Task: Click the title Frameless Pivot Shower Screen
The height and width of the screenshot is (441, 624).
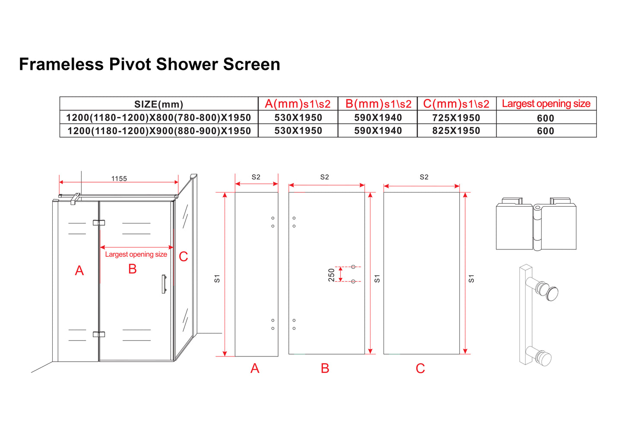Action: (x=149, y=64)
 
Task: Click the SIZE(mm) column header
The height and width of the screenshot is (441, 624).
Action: (x=158, y=104)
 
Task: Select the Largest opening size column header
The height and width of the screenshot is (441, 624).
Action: (x=546, y=104)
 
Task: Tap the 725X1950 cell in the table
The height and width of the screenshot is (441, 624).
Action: (x=456, y=118)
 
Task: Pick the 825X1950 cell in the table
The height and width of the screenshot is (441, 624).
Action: (x=456, y=131)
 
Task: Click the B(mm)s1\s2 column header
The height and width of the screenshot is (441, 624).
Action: (x=378, y=104)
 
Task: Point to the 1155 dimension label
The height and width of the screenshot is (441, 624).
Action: (x=119, y=179)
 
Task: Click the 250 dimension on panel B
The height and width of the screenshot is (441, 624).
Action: (x=332, y=274)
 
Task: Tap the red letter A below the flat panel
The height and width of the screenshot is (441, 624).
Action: (x=255, y=369)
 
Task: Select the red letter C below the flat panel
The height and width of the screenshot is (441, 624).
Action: (x=420, y=369)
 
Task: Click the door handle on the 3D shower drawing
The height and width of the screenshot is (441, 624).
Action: (x=164, y=284)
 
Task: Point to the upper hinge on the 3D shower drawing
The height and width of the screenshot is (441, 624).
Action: (x=99, y=223)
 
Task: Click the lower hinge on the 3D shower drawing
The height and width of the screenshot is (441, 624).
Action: (x=99, y=334)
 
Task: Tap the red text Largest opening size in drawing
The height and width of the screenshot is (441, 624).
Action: (x=136, y=255)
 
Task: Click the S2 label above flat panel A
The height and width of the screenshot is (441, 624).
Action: (x=256, y=177)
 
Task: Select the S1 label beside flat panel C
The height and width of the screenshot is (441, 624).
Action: (x=471, y=279)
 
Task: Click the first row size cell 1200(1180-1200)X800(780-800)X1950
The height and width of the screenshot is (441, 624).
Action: (x=158, y=118)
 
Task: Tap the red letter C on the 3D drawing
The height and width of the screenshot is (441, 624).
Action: (x=184, y=257)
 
